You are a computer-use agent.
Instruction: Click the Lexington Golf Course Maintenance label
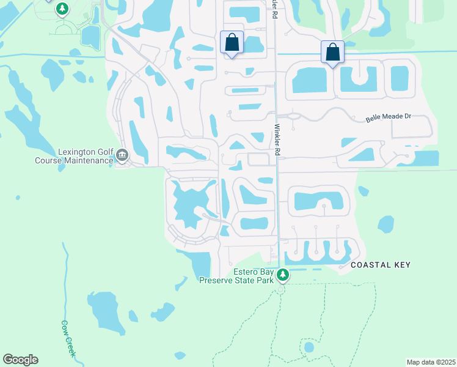[85, 156]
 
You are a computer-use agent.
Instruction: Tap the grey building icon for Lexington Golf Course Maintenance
[122, 157]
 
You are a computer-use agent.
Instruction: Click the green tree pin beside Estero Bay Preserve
[282, 275]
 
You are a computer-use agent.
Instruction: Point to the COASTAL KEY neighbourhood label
[380, 265]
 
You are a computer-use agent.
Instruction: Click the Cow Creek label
[68, 339]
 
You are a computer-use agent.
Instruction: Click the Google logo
[20, 360]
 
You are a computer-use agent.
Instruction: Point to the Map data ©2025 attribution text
[430, 362]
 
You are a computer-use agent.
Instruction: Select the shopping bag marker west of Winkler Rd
[232, 43]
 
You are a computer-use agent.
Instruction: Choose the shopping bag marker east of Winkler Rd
[332, 52]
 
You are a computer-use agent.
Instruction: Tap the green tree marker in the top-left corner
[62, 9]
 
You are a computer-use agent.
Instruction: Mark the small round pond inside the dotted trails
[309, 347]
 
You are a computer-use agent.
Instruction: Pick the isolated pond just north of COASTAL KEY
[386, 224]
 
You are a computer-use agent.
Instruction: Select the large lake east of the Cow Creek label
[108, 311]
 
